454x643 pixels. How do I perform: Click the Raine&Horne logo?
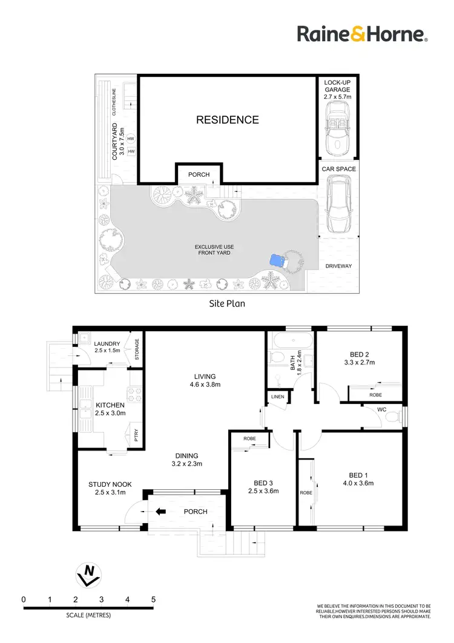(362, 34)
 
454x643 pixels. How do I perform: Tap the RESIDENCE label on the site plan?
(227, 120)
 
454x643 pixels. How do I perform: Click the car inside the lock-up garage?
(336, 128)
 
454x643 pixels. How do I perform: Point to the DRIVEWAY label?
(338, 266)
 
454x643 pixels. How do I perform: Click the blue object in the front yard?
(277, 261)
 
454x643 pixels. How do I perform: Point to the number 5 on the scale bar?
(153, 599)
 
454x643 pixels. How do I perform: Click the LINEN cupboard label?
(277, 397)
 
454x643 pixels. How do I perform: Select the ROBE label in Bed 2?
(375, 394)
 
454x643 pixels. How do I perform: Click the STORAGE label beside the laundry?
(137, 350)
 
